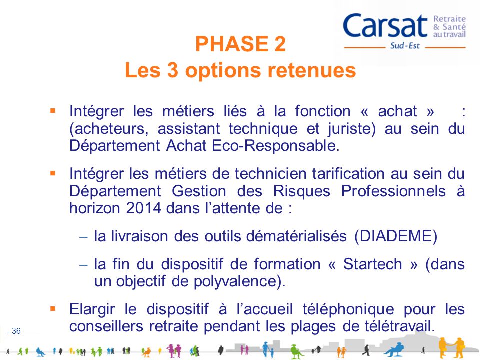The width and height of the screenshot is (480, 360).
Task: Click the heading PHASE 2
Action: pos(240,45)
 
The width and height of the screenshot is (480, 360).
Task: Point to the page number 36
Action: pos(16,330)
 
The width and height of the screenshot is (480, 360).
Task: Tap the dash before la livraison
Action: pos(83,237)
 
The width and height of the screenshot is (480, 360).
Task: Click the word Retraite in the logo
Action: pos(449,18)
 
